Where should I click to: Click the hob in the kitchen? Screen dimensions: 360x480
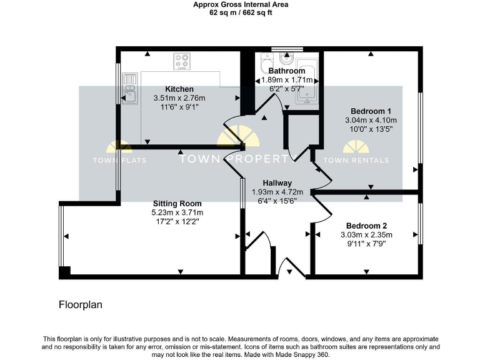182,61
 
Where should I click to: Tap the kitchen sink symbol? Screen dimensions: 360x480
131,88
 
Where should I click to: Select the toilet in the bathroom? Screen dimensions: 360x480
287,60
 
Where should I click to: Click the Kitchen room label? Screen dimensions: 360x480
179,89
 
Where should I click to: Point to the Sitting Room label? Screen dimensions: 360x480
178,203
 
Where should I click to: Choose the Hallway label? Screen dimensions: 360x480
277,182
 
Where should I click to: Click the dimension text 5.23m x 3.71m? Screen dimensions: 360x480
178,212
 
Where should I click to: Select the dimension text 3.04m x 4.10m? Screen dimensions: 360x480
371,120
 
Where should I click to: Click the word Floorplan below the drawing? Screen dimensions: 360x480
80,305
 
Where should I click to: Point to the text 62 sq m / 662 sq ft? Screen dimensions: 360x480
241,12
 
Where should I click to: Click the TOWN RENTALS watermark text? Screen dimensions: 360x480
365,161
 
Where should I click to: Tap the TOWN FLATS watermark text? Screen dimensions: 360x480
119,161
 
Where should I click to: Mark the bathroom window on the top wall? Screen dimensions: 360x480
287,48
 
